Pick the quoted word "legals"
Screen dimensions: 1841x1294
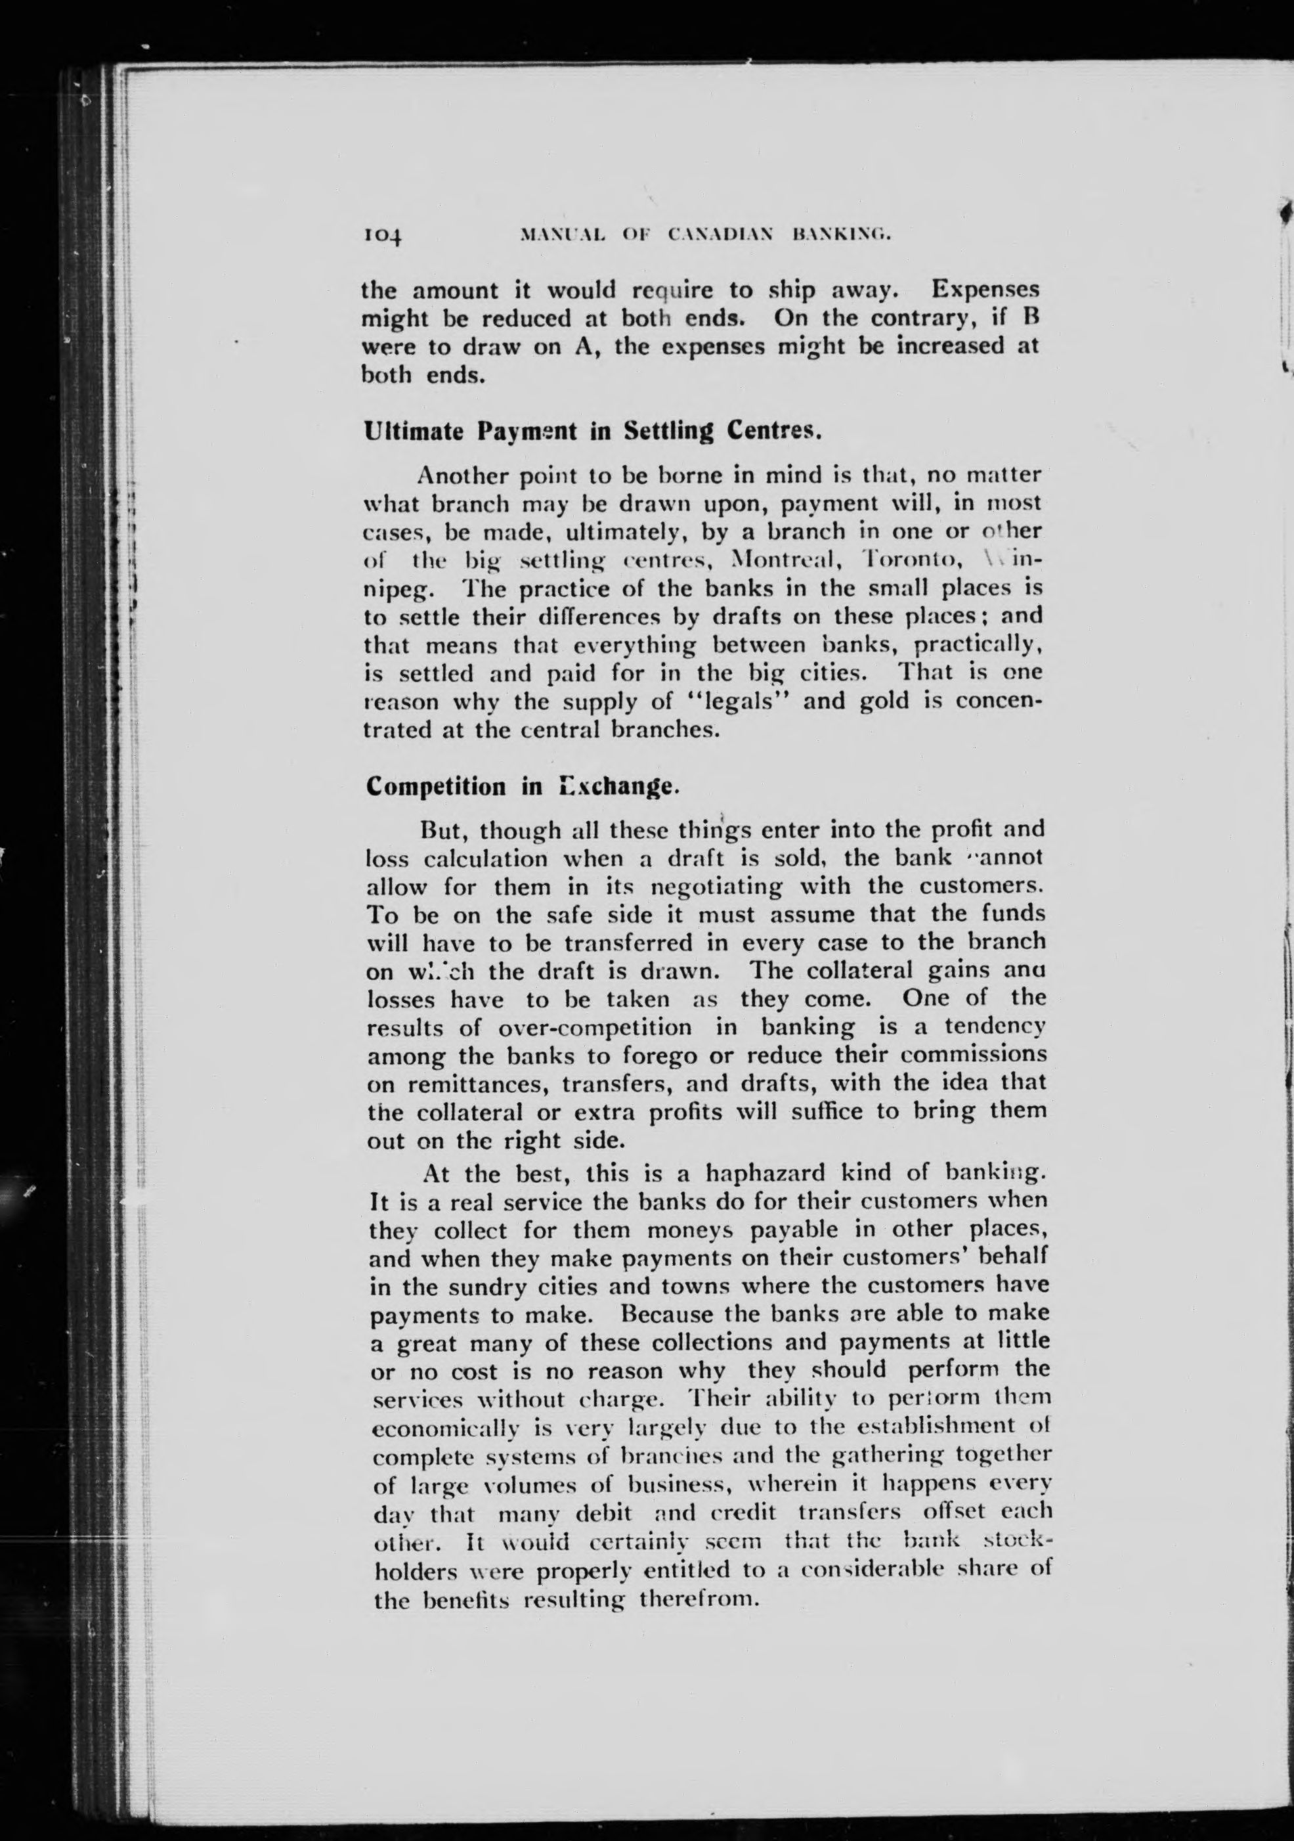coord(737,701)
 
